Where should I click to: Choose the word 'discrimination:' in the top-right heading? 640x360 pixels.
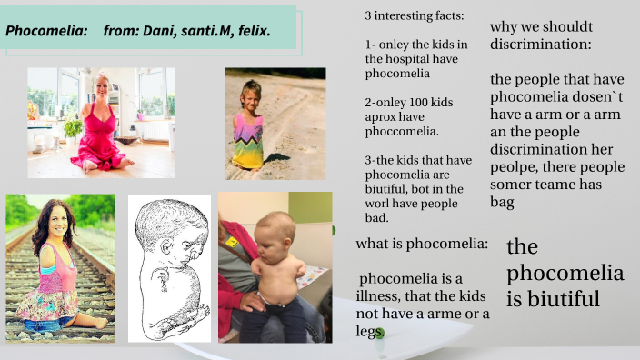tap(540, 44)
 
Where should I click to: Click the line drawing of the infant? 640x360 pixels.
tap(169, 267)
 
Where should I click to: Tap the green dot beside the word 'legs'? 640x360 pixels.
tap(380, 334)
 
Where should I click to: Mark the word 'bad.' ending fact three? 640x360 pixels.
tap(376, 217)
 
